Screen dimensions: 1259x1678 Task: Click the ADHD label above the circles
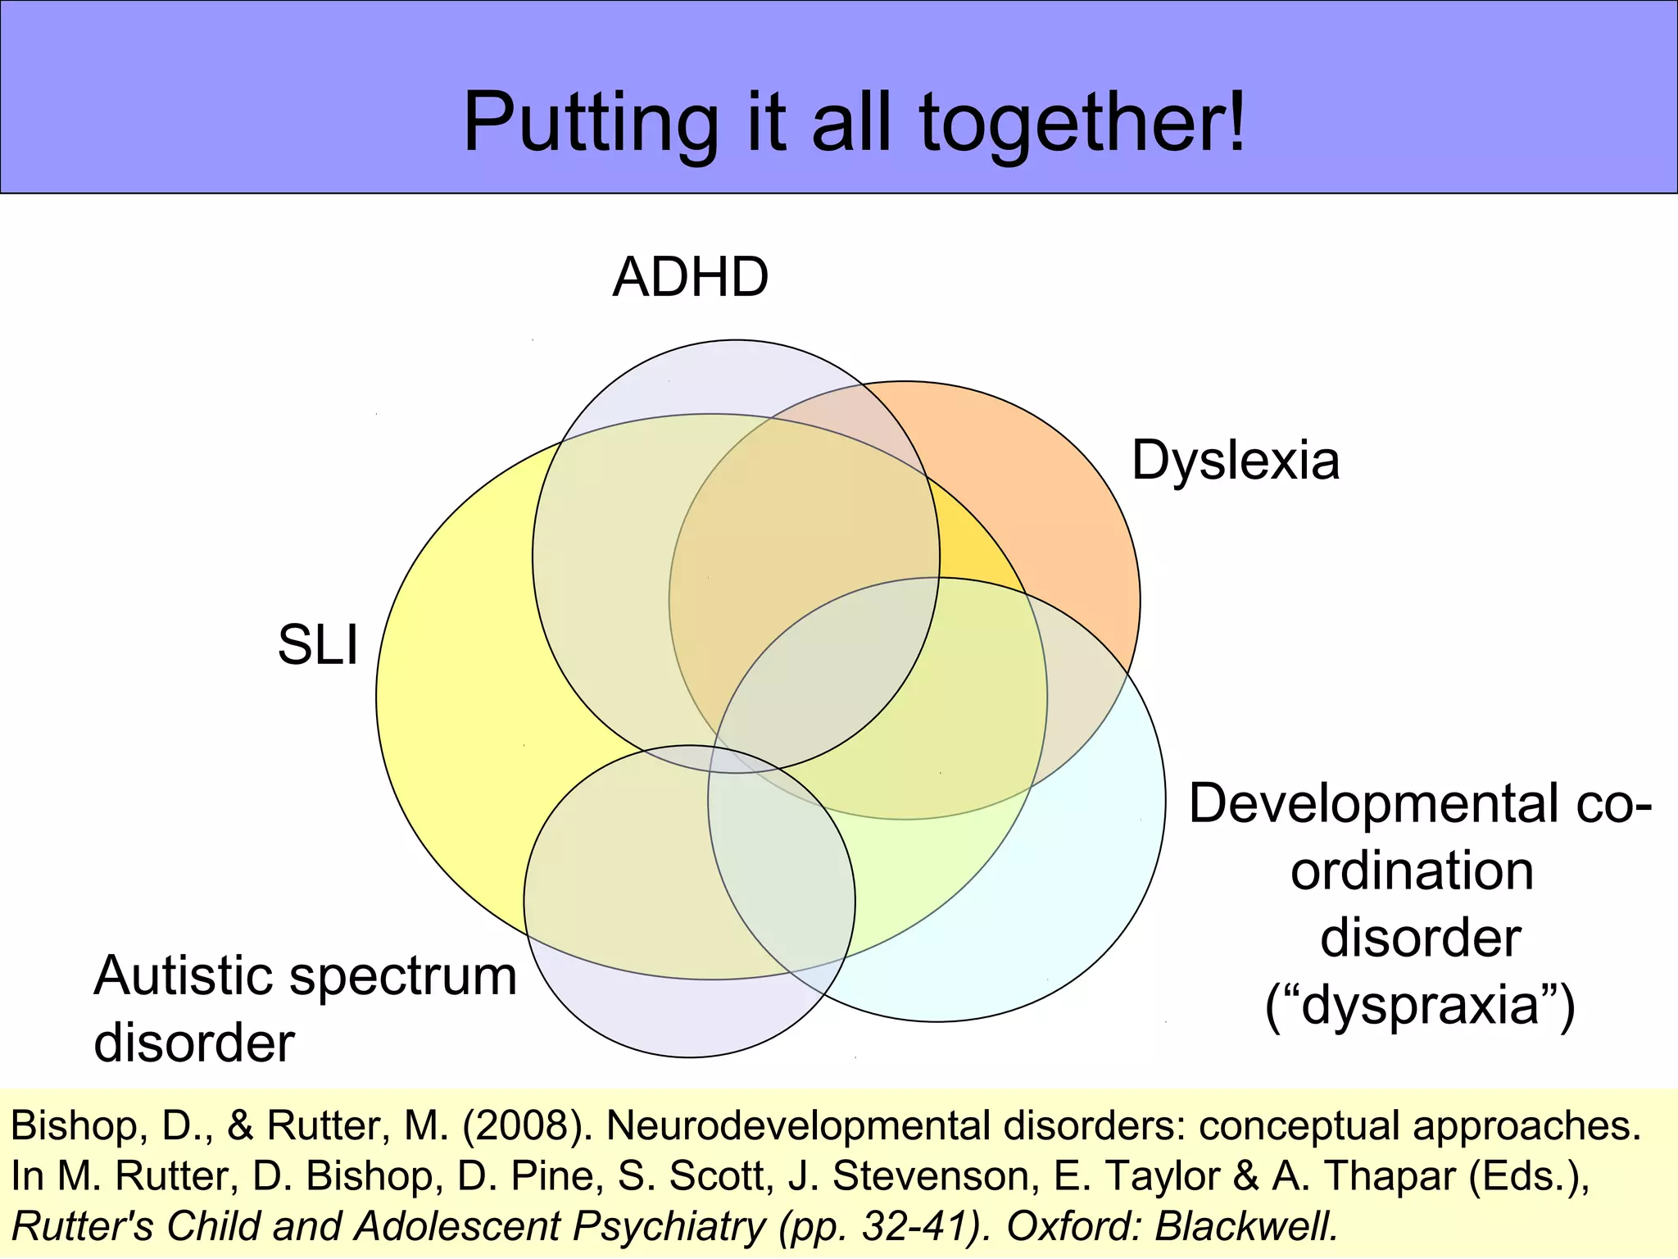point(690,277)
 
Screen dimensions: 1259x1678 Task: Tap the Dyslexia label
point(1235,461)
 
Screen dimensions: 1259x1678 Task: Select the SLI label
point(318,644)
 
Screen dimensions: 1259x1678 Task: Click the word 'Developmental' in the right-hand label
point(1373,803)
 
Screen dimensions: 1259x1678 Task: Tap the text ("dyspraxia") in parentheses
point(1420,1006)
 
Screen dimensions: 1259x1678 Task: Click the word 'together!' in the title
point(1082,123)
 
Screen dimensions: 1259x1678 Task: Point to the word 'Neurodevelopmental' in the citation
point(799,1126)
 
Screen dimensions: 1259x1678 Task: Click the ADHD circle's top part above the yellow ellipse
point(721,377)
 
